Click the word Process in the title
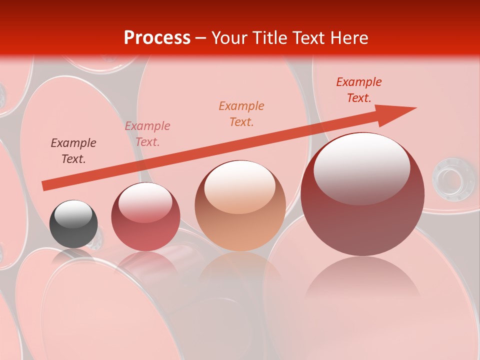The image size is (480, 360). point(157,38)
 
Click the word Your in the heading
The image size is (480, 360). point(230,38)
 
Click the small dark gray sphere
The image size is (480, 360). point(73,224)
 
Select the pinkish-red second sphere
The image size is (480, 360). point(145,217)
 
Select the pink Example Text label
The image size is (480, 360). point(147,134)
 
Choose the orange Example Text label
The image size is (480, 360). point(241,114)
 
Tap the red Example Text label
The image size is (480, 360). point(359,90)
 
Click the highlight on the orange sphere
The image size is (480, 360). point(240,186)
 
